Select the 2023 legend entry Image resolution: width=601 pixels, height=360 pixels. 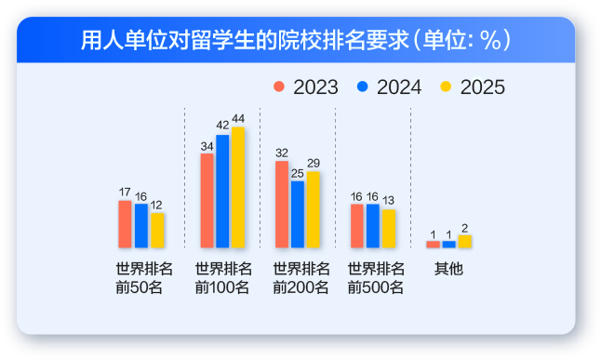click(x=307, y=87)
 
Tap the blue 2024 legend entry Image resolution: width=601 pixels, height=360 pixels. click(x=389, y=87)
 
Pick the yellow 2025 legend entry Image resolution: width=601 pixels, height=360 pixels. click(x=473, y=87)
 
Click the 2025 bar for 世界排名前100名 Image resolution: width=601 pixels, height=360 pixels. click(x=238, y=187)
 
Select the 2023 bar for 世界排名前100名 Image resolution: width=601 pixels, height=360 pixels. click(x=207, y=201)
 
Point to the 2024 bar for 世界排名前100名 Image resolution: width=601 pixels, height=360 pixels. click(x=222, y=191)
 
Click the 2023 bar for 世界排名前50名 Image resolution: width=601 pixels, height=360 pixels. click(x=125, y=224)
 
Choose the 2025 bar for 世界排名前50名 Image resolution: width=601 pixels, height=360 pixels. click(x=157, y=231)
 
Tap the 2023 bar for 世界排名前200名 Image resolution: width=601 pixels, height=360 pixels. click(x=281, y=205)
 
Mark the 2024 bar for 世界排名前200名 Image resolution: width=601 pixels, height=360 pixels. click(x=297, y=214)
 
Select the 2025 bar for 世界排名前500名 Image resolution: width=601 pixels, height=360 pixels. click(x=389, y=229)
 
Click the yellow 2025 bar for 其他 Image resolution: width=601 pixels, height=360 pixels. click(x=464, y=242)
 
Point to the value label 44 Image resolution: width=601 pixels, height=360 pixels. click(x=238, y=118)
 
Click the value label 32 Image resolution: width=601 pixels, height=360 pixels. click(x=281, y=153)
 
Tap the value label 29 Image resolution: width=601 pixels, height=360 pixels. click(x=313, y=163)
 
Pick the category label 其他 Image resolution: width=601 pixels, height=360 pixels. click(x=448, y=270)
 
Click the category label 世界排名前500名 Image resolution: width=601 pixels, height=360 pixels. click(x=375, y=278)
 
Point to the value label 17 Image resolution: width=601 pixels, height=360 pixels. click(x=125, y=192)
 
